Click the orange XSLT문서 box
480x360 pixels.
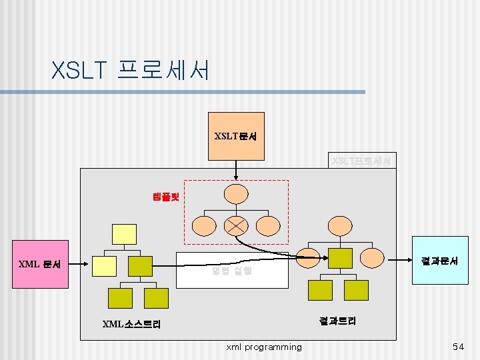tap(236, 137)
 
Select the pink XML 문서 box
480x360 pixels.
tap(40, 265)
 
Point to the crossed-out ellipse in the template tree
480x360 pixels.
tap(236, 225)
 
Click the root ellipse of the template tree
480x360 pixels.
tap(236, 193)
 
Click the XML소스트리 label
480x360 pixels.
tap(131, 325)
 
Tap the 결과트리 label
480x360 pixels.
tap(337, 321)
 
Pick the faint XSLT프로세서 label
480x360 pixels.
tap(362, 161)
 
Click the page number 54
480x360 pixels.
tap(458, 347)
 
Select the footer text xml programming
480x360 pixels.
tap(264, 347)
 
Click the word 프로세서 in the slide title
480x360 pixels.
tap(163, 69)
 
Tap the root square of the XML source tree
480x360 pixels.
tap(125, 234)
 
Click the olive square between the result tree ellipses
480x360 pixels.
tap(340, 258)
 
